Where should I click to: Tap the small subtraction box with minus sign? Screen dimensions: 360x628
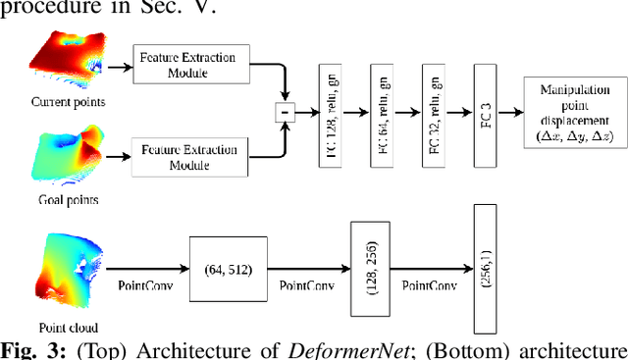[285, 113]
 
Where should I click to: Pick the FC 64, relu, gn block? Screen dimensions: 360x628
[384, 113]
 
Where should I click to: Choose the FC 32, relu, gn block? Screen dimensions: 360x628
[436, 113]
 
